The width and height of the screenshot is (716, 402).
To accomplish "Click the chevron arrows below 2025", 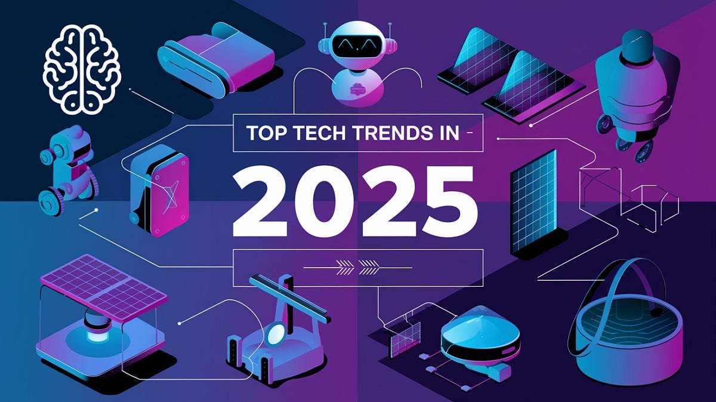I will pos(356,266).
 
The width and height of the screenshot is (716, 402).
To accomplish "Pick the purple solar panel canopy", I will pos(103,287).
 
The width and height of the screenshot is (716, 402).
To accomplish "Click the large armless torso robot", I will pos(636,90).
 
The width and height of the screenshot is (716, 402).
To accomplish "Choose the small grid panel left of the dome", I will pos(405,338).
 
